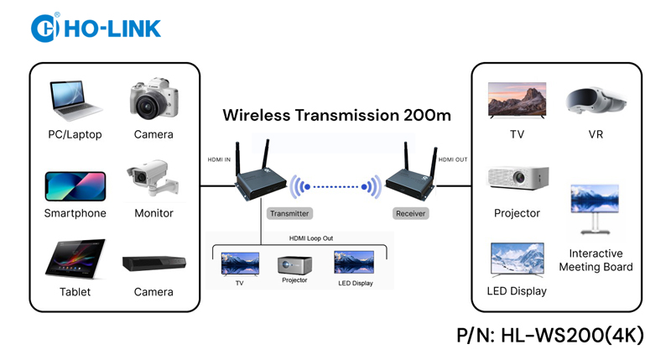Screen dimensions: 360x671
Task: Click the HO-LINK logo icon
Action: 43,27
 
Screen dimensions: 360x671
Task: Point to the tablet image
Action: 75,261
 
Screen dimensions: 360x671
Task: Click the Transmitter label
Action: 289,213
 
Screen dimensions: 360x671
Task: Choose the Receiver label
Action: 410,213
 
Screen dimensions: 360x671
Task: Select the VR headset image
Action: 595,102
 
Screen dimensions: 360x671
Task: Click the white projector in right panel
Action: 518,178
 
